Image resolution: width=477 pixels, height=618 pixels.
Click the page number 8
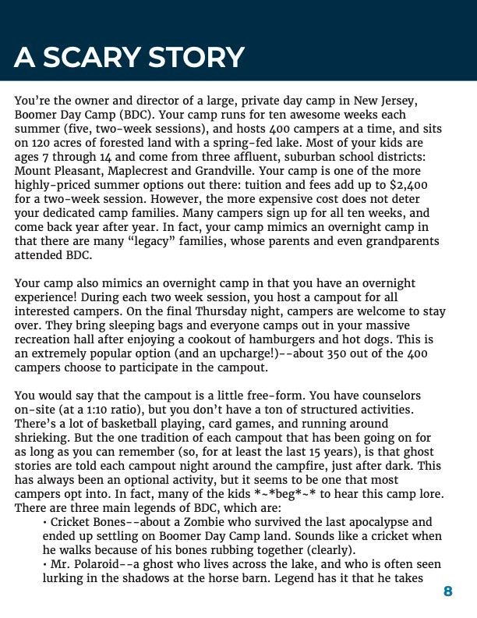[447, 591]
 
